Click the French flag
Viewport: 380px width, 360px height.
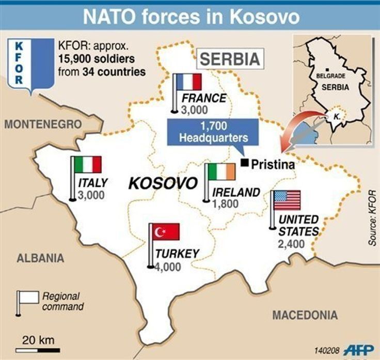coord(188,83)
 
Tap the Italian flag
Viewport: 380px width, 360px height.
coord(88,165)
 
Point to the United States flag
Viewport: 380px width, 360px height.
coord(287,200)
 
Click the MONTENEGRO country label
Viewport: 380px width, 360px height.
coord(43,124)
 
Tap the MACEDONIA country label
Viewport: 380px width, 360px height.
coord(305,315)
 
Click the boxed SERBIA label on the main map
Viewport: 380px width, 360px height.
coord(229,59)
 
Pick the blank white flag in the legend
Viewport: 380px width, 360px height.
coord(29,298)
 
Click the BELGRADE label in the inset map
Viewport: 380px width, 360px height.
coord(334,75)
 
